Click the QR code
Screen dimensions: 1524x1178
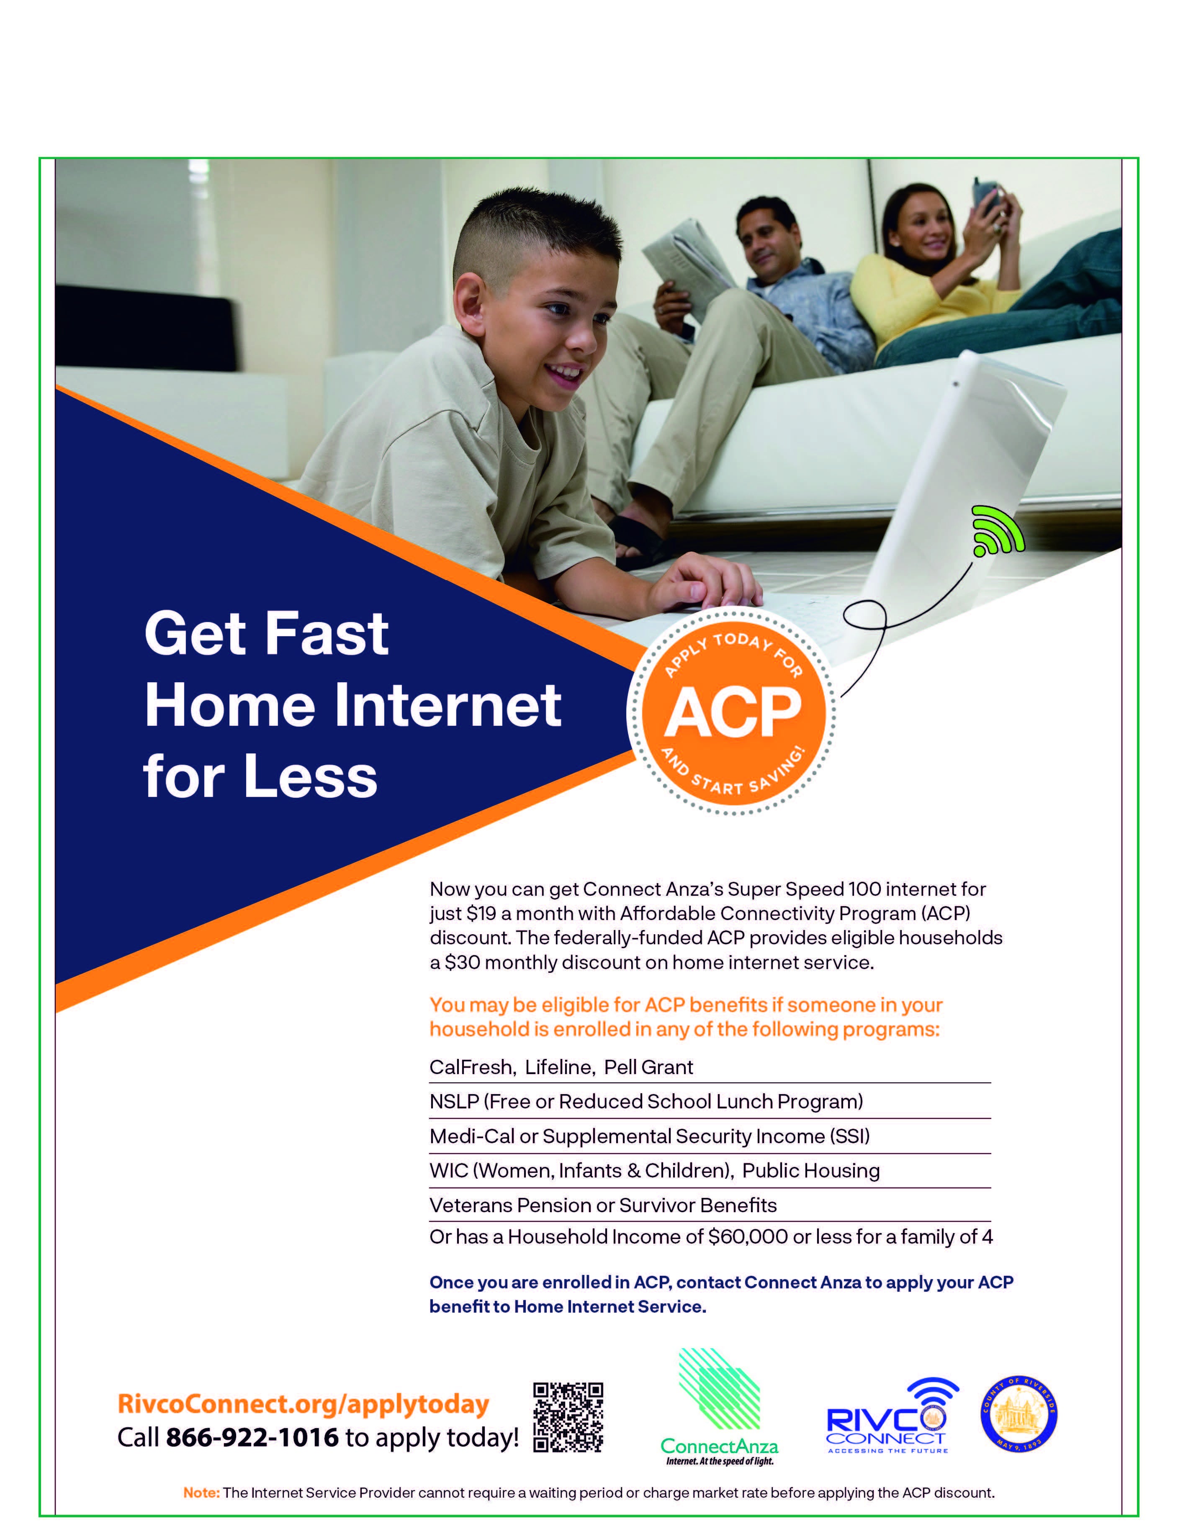[x=568, y=1417]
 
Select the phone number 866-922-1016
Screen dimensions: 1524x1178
[x=252, y=1437]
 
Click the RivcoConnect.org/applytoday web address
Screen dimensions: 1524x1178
[x=304, y=1403]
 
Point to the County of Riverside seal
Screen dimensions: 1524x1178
[x=1019, y=1416]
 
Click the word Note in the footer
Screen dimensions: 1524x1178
[x=201, y=1493]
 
